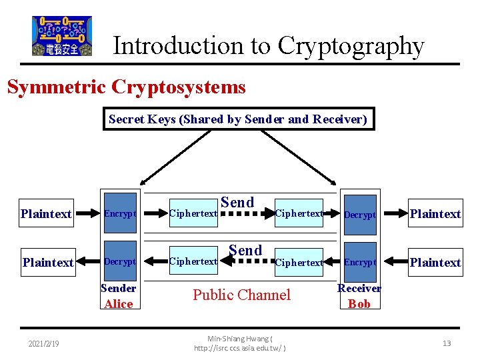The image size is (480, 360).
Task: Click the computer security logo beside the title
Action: coord(62,36)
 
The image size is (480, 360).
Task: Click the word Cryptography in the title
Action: coord(351,46)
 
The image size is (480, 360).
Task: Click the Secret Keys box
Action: coord(238,119)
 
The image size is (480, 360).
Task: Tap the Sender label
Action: coord(119,288)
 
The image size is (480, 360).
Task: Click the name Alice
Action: coord(119,304)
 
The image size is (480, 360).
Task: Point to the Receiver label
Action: coord(359,288)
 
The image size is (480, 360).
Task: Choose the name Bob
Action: coord(359,304)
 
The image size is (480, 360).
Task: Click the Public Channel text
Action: coord(241,295)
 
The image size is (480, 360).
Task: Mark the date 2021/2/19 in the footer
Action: coord(43,343)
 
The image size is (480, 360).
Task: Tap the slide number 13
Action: coord(447,343)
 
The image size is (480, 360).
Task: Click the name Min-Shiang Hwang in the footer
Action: coord(238,339)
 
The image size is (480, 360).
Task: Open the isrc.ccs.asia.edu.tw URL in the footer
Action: coord(240,349)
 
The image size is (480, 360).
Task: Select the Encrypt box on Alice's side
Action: coord(120,214)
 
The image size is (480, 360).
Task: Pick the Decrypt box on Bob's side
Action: coord(360,215)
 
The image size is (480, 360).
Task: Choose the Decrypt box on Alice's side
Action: coord(120,262)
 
